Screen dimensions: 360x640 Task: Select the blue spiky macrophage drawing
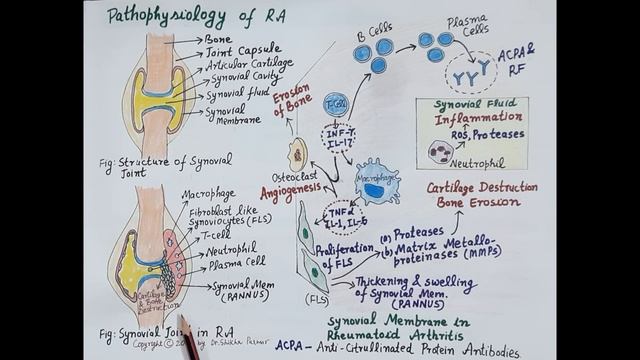coord(377,179)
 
